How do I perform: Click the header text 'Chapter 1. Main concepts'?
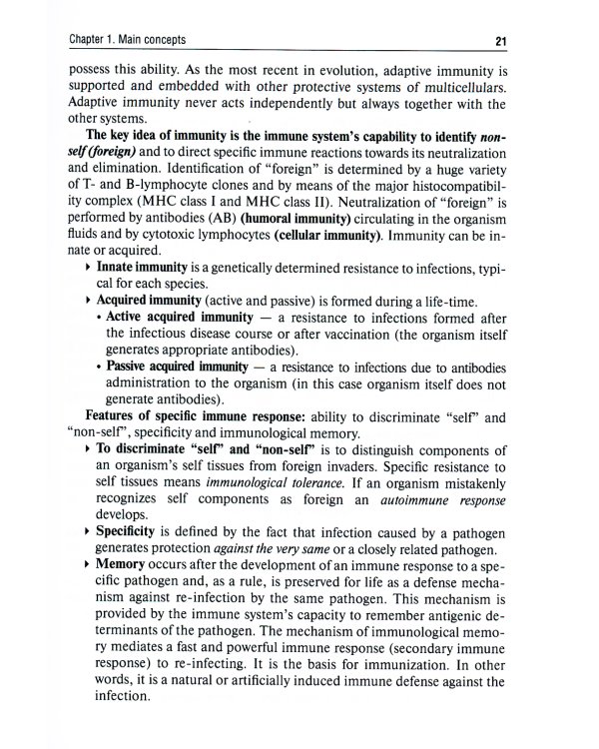[x=125, y=40]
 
